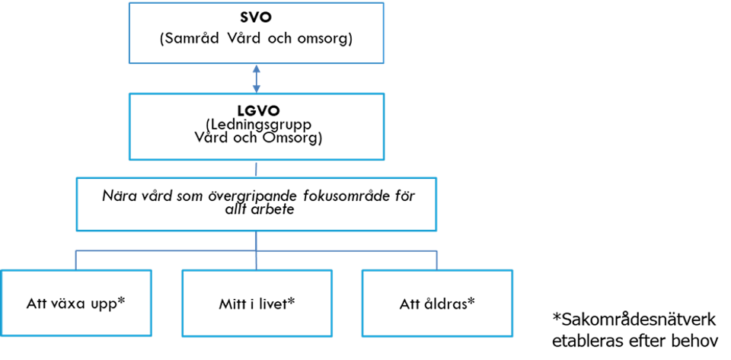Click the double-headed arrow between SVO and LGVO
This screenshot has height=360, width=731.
(256, 78)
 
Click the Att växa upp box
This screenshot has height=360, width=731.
(76, 303)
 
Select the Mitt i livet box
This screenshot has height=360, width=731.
(257, 303)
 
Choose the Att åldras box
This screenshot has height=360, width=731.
(437, 303)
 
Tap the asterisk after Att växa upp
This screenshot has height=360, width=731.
(121, 301)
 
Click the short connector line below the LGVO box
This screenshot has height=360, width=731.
(256, 169)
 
